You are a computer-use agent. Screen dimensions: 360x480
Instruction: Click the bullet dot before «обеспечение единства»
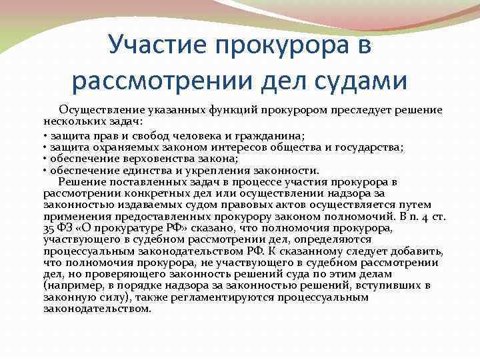click(x=45, y=169)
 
